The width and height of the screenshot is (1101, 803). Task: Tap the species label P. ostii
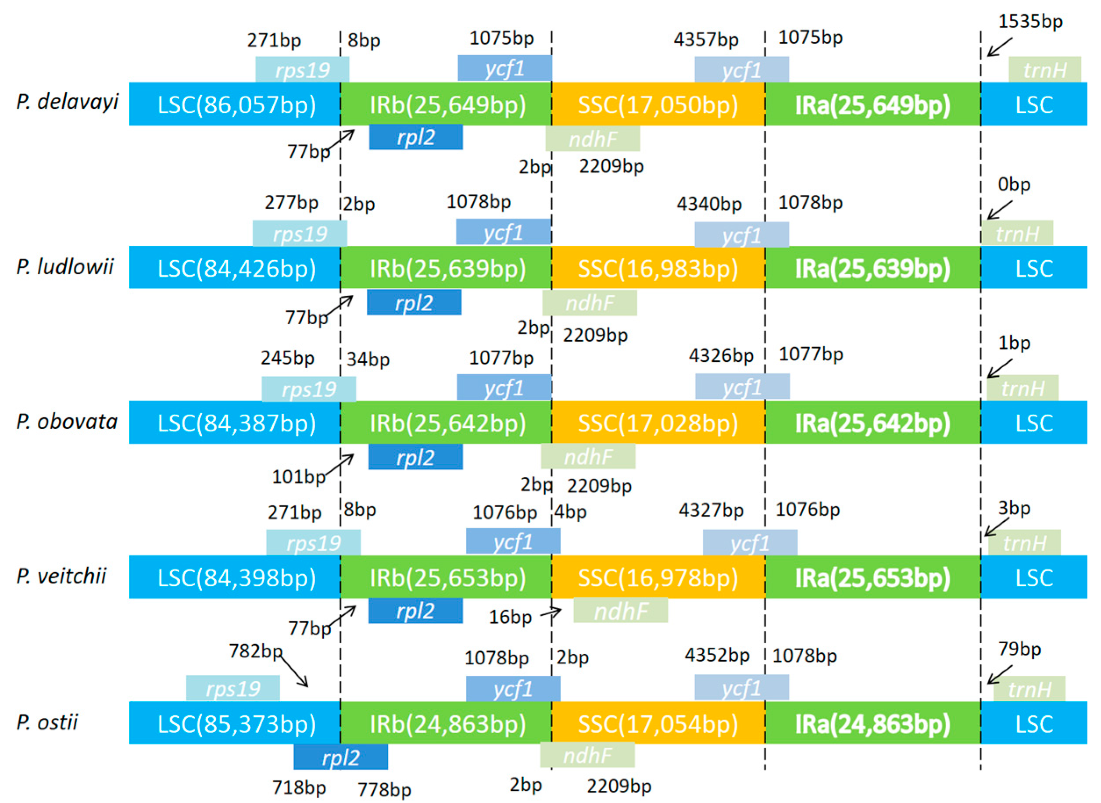pos(47,722)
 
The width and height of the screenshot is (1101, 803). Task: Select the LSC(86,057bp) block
pos(236,104)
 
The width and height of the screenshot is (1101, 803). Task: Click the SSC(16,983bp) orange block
pos(658,268)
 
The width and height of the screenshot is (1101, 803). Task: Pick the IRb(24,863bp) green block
pos(447,724)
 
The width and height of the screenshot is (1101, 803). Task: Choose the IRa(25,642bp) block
pos(872,423)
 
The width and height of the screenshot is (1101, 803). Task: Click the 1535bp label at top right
pos(1030,22)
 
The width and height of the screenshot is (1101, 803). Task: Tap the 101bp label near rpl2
pos(298,477)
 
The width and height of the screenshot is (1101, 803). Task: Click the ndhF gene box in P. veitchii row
pos(621,611)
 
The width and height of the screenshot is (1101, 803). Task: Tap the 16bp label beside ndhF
pos(510,617)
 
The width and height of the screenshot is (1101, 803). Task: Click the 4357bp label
pos(705,40)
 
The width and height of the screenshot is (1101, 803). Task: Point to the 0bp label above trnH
pos(1014,184)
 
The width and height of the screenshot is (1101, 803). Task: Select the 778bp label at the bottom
pos(384,789)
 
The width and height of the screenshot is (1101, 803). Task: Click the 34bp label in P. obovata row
pos(368,360)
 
